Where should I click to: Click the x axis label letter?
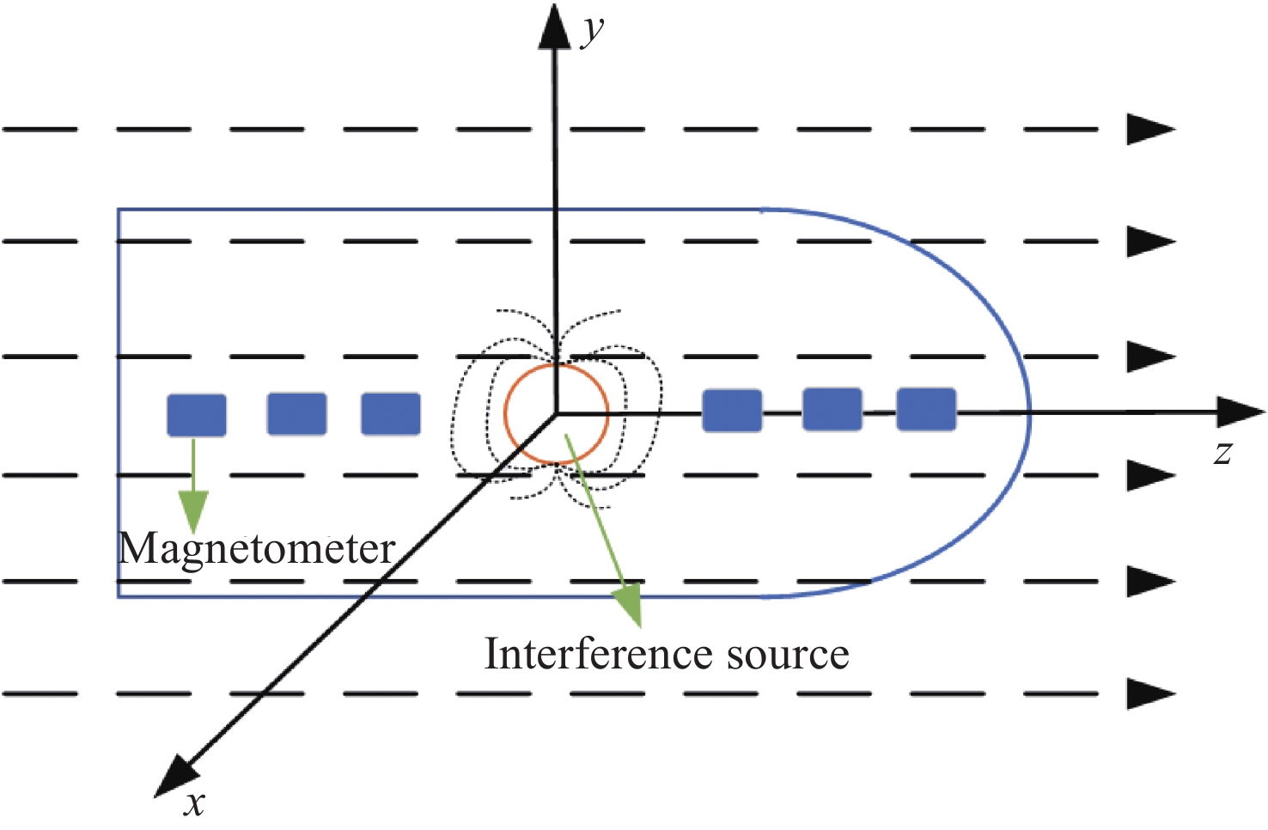tap(195, 803)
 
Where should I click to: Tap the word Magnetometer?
tap(257, 548)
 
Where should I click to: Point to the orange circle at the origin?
tap(557, 414)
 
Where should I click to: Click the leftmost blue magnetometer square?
tap(197, 415)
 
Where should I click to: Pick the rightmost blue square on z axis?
tap(926, 409)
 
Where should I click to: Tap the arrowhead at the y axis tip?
tap(555, 26)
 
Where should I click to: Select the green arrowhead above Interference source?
tap(630, 604)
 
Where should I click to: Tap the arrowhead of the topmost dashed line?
tap(1150, 129)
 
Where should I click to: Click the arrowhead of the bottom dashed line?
tap(1150, 693)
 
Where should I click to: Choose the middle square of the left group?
tap(297, 414)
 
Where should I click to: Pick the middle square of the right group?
tap(832, 409)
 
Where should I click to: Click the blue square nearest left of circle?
tap(391, 414)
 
